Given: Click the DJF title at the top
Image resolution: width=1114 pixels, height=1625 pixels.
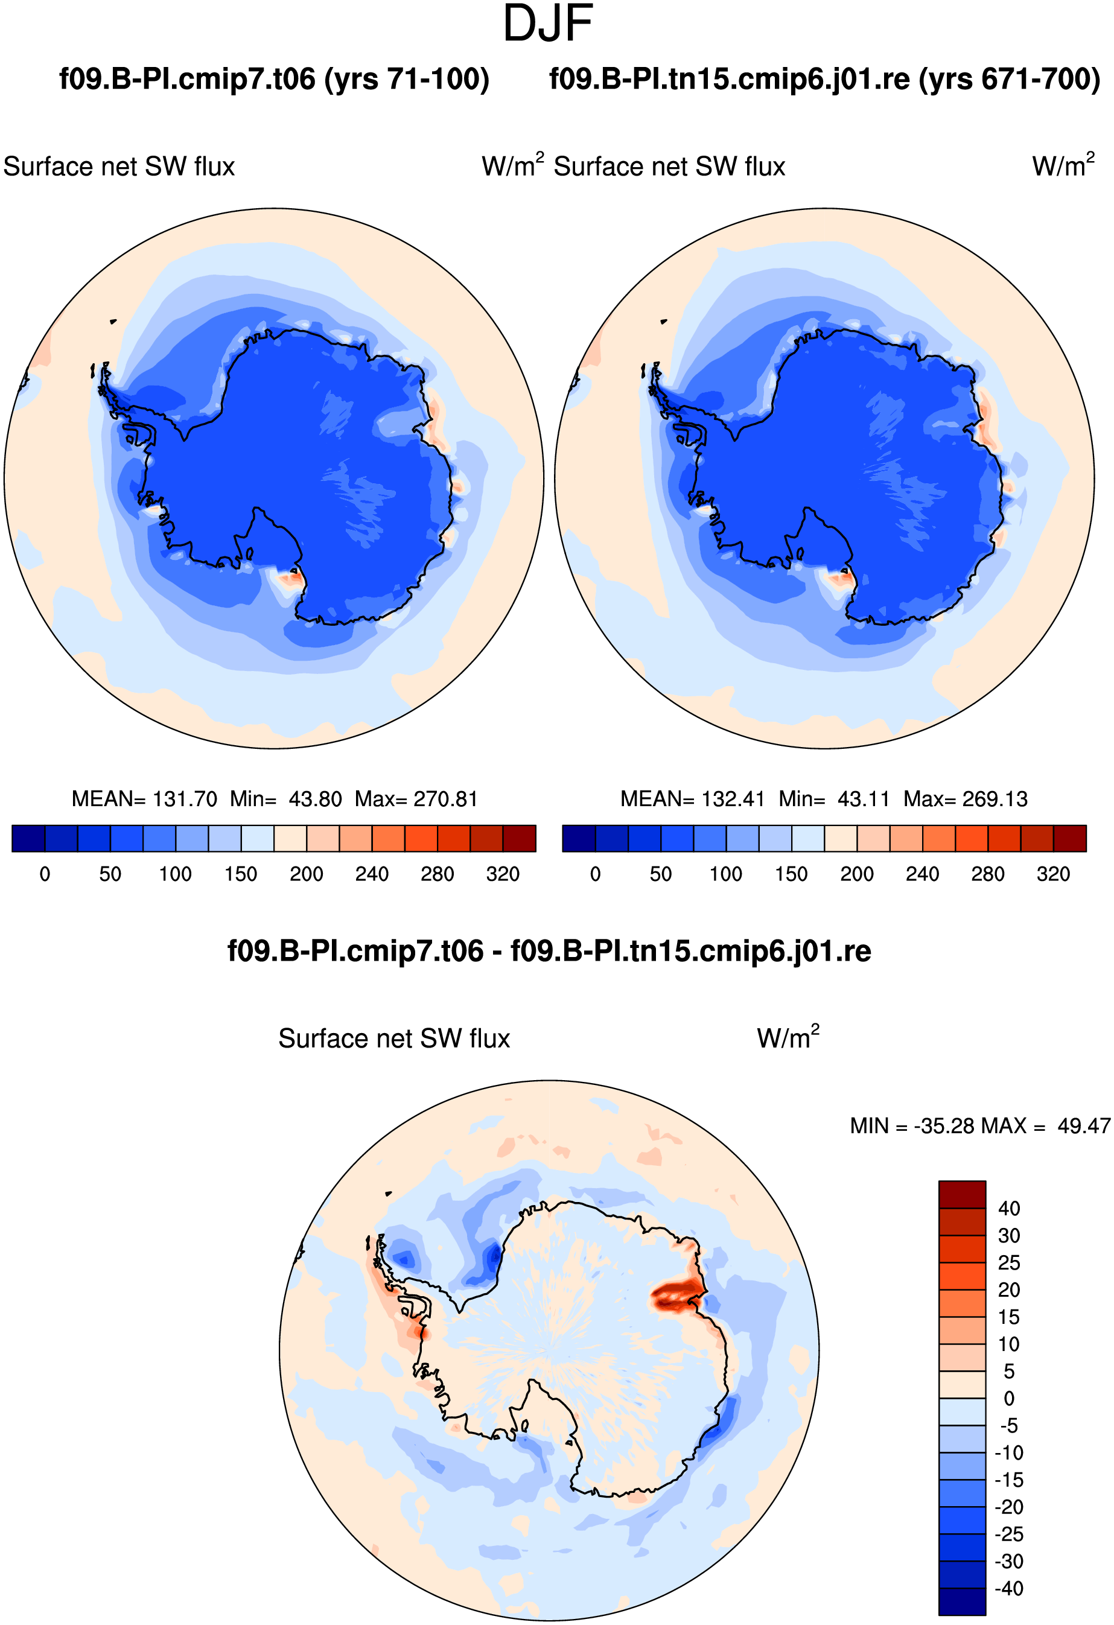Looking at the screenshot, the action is (x=549, y=24).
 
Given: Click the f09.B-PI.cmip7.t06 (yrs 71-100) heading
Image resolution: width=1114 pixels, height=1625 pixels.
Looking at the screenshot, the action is (x=274, y=79).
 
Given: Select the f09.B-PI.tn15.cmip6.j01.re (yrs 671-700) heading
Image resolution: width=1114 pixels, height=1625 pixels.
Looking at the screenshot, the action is (x=824, y=79).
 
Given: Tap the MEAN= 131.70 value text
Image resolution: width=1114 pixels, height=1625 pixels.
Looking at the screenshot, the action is (x=144, y=798).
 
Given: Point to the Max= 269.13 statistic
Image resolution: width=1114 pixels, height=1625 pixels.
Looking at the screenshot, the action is (x=965, y=798).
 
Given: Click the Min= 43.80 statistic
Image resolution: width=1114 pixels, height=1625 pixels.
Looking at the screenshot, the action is (x=286, y=798).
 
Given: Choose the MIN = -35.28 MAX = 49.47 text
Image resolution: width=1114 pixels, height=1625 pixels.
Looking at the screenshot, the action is (x=981, y=1126).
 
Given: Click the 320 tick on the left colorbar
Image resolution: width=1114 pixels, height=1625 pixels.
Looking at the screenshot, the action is (x=503, y=874).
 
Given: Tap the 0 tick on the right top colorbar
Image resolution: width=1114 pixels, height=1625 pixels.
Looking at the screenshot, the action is (x=595, y=874).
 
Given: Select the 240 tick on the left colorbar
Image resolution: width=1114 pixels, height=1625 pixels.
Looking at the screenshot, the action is (x=372, y=874).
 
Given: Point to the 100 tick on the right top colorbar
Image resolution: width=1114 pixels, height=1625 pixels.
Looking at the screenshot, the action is (x=726, y=874).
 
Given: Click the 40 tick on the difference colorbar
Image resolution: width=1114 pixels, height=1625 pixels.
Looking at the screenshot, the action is (x=1009, y=1208).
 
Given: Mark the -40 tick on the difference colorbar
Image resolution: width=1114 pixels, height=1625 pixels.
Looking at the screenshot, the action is (x=1009, y=1588).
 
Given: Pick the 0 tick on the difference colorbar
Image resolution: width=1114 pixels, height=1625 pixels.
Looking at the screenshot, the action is (x=1009, y=1399).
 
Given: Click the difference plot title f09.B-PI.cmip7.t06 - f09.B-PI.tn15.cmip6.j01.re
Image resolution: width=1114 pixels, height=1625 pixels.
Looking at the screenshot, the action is (x=549, y=951).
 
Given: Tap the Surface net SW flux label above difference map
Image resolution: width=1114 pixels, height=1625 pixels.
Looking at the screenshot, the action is (x=395, y=1038).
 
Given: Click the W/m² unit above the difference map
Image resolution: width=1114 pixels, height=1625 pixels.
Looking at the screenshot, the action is (x=788, y=1037).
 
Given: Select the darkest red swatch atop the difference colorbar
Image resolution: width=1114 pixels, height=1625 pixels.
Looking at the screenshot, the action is (x=963, y=1194).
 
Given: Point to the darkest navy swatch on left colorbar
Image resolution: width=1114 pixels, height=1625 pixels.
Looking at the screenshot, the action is (x=29, y=838).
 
